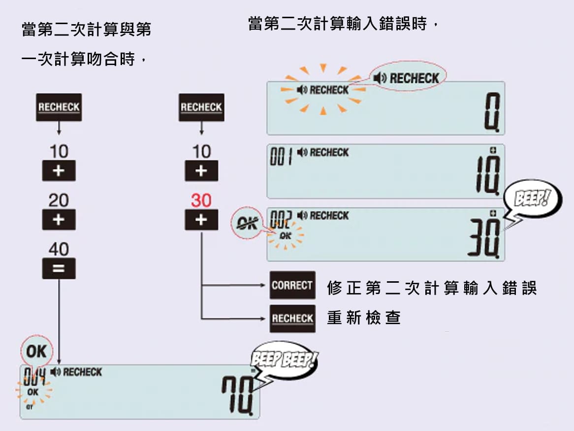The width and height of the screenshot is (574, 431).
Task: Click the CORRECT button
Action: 292,285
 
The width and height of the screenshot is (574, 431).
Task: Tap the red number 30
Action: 201,200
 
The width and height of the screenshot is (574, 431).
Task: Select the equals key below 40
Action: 59,268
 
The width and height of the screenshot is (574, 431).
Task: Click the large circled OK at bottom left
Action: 36,351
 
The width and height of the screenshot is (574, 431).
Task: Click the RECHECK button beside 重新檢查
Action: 292,318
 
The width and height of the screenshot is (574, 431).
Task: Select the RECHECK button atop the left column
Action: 59,107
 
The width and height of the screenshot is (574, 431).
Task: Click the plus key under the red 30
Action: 201,220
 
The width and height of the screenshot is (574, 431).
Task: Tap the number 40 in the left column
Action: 59,249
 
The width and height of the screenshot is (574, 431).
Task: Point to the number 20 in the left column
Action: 59,200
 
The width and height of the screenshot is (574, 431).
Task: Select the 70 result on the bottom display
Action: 238,394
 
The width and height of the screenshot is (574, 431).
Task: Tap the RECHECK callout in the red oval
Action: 407,78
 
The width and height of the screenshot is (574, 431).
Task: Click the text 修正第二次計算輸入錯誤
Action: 431,288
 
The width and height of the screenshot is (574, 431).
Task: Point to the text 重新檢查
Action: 364,318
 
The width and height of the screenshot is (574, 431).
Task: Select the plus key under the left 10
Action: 59,171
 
